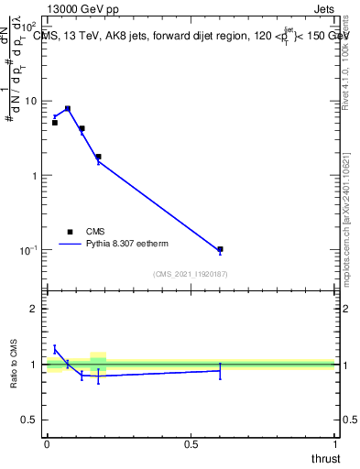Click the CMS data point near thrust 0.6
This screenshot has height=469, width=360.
(220, 249)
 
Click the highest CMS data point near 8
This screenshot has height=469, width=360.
(68, 108)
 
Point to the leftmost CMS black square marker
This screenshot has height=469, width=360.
(55, 122)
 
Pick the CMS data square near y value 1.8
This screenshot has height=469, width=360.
(98, 157)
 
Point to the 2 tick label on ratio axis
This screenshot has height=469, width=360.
(35, 309)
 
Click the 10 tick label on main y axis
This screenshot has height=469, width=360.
(30, 101)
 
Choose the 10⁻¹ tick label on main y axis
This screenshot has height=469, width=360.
(28, 249)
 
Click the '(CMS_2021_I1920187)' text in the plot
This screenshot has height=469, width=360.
(191, 274)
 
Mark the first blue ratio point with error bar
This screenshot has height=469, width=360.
(55, 349)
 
